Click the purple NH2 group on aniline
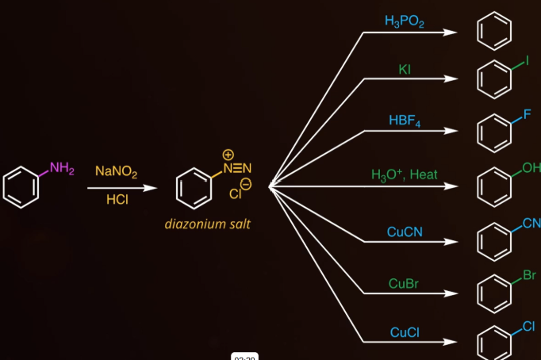62,168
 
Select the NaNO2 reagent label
117,171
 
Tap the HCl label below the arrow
117,199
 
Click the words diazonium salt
207,224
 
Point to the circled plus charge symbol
228,155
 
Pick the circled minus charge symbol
246,184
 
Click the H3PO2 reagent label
405,21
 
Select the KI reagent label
405,69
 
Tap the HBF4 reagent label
405,121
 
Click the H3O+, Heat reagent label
405,174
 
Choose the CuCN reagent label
405,232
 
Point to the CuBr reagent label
403,284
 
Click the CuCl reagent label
405,332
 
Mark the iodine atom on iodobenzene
527,61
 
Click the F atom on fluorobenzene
527,114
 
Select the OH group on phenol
531,168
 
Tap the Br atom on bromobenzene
529,275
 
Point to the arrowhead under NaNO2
150,188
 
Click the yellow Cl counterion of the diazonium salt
235,193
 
